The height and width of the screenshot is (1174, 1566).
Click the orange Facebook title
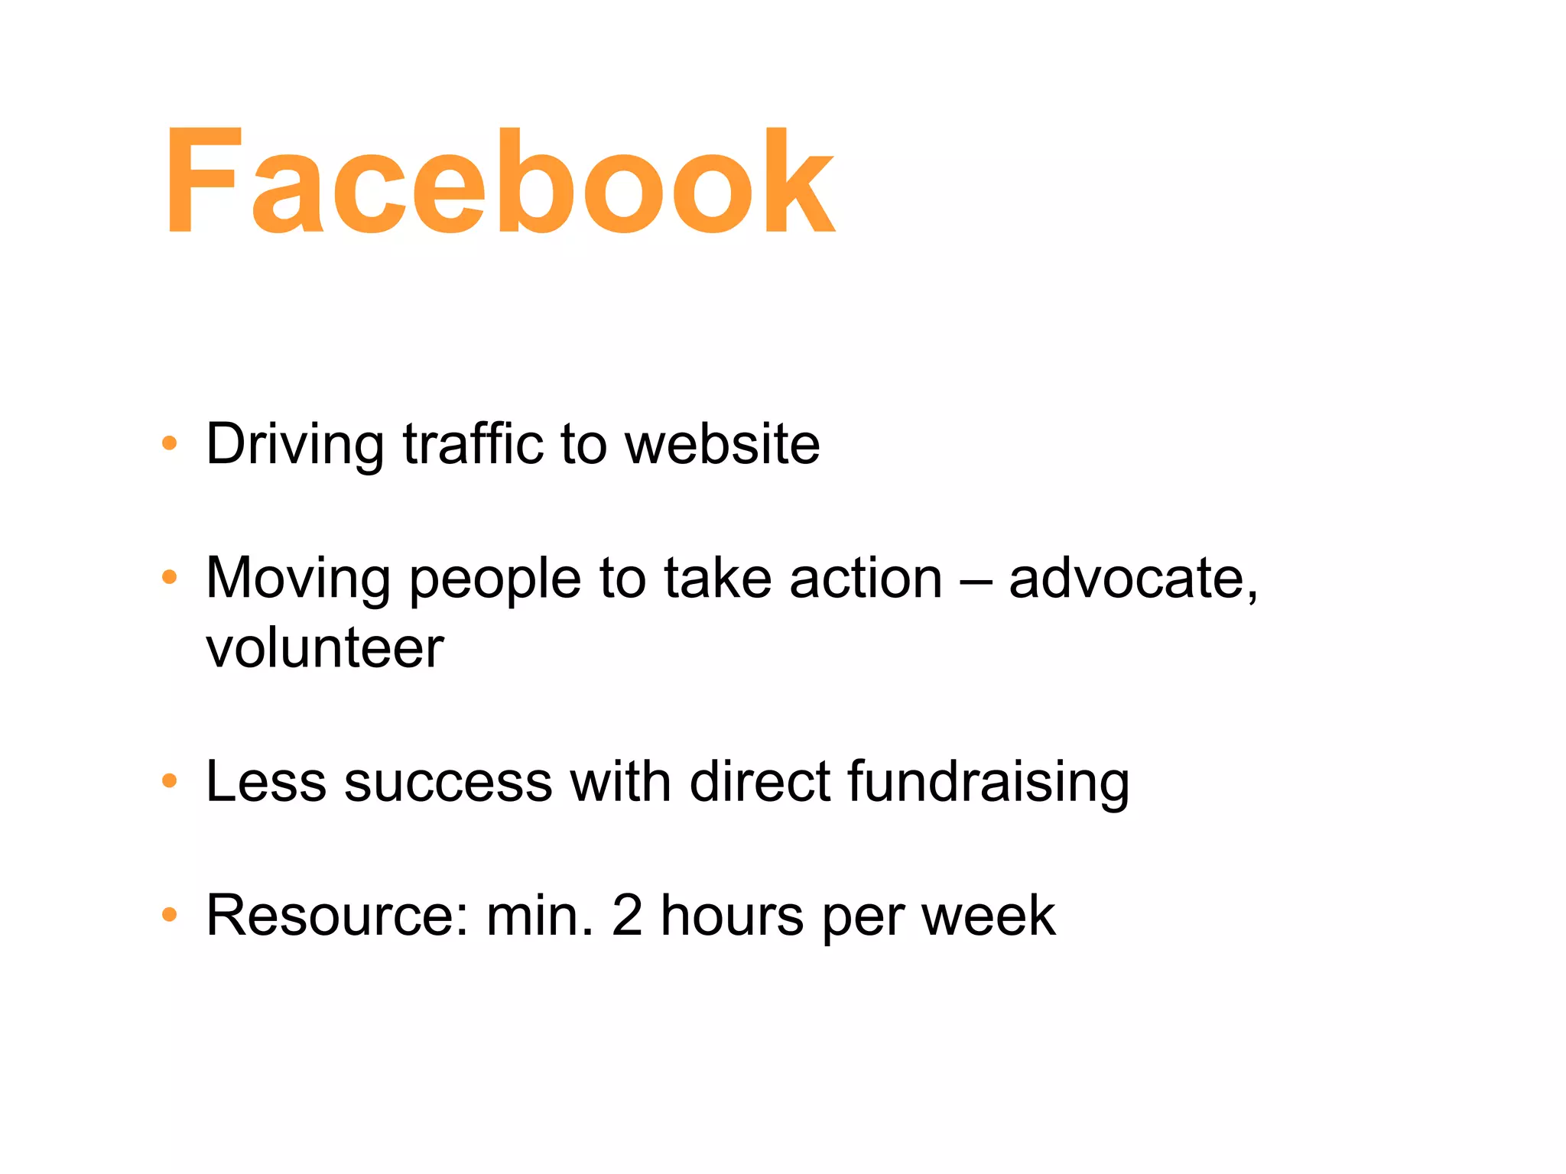500,182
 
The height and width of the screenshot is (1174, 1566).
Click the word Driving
294,444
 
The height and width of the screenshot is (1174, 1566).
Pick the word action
866,579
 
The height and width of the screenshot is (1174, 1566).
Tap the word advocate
1132,579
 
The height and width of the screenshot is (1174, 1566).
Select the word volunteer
325,648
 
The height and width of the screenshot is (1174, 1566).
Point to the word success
448,783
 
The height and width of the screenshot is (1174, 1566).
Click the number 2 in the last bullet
627,915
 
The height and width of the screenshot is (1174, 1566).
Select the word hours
732,915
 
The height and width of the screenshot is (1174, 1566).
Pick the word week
988,915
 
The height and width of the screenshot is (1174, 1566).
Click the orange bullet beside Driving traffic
170,443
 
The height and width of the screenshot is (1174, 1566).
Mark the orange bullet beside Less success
170,781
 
